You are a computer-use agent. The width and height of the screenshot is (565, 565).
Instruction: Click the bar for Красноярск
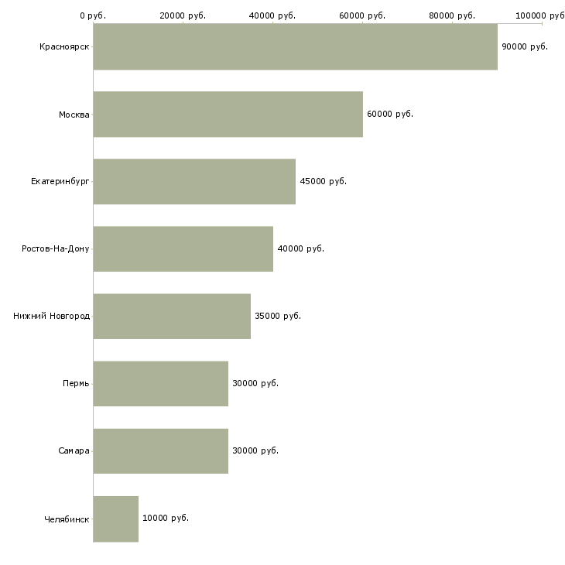click(x=296, y=46)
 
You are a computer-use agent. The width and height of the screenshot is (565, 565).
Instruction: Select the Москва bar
click(x=228, y=115)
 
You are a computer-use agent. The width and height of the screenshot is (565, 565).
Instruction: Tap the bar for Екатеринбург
click(x=194, y=182)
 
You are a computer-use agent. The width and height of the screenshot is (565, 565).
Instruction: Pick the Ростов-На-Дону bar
click(x=183, y=249)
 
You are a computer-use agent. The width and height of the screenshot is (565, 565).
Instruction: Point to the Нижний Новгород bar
click(x=172, y=317)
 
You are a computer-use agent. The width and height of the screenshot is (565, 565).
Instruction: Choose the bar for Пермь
click(x=161, y=384)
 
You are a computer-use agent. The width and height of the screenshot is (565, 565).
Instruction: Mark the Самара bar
click(x=161, y=451)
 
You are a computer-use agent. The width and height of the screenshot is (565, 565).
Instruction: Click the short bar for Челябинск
click(x=115, y=519)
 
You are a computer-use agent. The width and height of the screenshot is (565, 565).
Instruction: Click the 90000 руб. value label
click(x=525, y=47)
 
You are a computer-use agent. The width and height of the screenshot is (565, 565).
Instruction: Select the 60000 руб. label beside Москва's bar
click(x=390, y=115)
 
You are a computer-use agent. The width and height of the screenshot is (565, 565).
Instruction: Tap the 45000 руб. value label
click(x=324, y=181)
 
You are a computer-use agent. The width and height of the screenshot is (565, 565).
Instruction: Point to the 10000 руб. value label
click(x=166, y=518)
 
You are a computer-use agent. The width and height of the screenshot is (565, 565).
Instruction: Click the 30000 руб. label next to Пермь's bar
click(x=255, y=383)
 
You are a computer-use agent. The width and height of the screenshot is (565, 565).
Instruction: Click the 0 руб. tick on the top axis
click(x=93, y=15)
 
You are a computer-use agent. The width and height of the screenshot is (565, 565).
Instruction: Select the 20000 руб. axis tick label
click(x=183, y=15)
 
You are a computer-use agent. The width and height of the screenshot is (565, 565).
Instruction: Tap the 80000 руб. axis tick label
click(x=452, y=15)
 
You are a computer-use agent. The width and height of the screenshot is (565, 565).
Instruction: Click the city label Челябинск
click(x=67, y=519)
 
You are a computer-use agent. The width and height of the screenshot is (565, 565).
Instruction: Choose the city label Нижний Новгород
click(x=52, y=316)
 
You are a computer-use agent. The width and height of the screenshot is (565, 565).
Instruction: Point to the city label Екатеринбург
click(x=60, y=181)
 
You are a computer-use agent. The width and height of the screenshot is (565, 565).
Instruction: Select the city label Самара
click(x=74, y=450)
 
